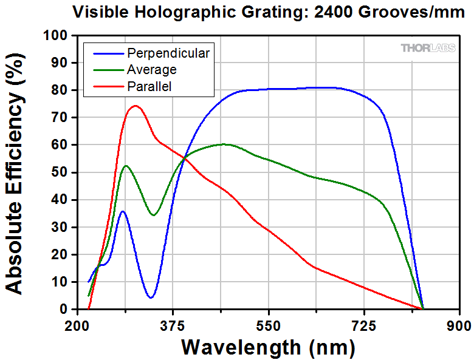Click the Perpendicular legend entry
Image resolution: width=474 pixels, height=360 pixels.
click(x=168, y=53)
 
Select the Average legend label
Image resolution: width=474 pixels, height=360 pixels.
click(x=152, y=70)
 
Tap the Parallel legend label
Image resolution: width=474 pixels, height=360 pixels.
click(x=149, y=87)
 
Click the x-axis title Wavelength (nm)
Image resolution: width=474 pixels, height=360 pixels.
click(x=268, y=347)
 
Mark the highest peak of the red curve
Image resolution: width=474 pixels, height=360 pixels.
click(x=135, y=106)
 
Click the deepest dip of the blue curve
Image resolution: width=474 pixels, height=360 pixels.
click(x=150, y=297)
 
